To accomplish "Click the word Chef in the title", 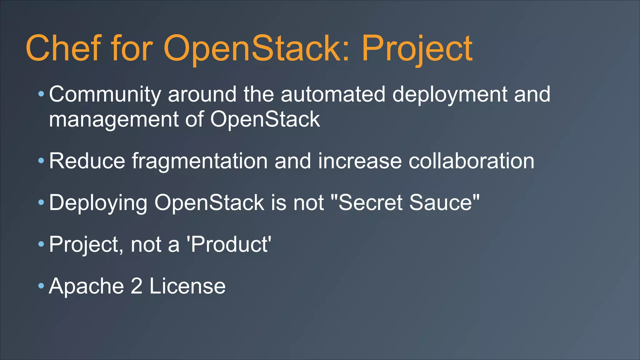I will coord(64,48).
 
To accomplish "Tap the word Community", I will coord(105,94).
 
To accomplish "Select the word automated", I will coord(333,94).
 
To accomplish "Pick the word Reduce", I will coord(87,161).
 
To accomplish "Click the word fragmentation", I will coord(199,162).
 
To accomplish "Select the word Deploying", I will coord(98,203).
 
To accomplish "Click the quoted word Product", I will coord(229,244).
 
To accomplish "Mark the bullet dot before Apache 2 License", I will coord(41,286).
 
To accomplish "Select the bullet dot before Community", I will coord(41,94).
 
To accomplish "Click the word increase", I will coord(360,161).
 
